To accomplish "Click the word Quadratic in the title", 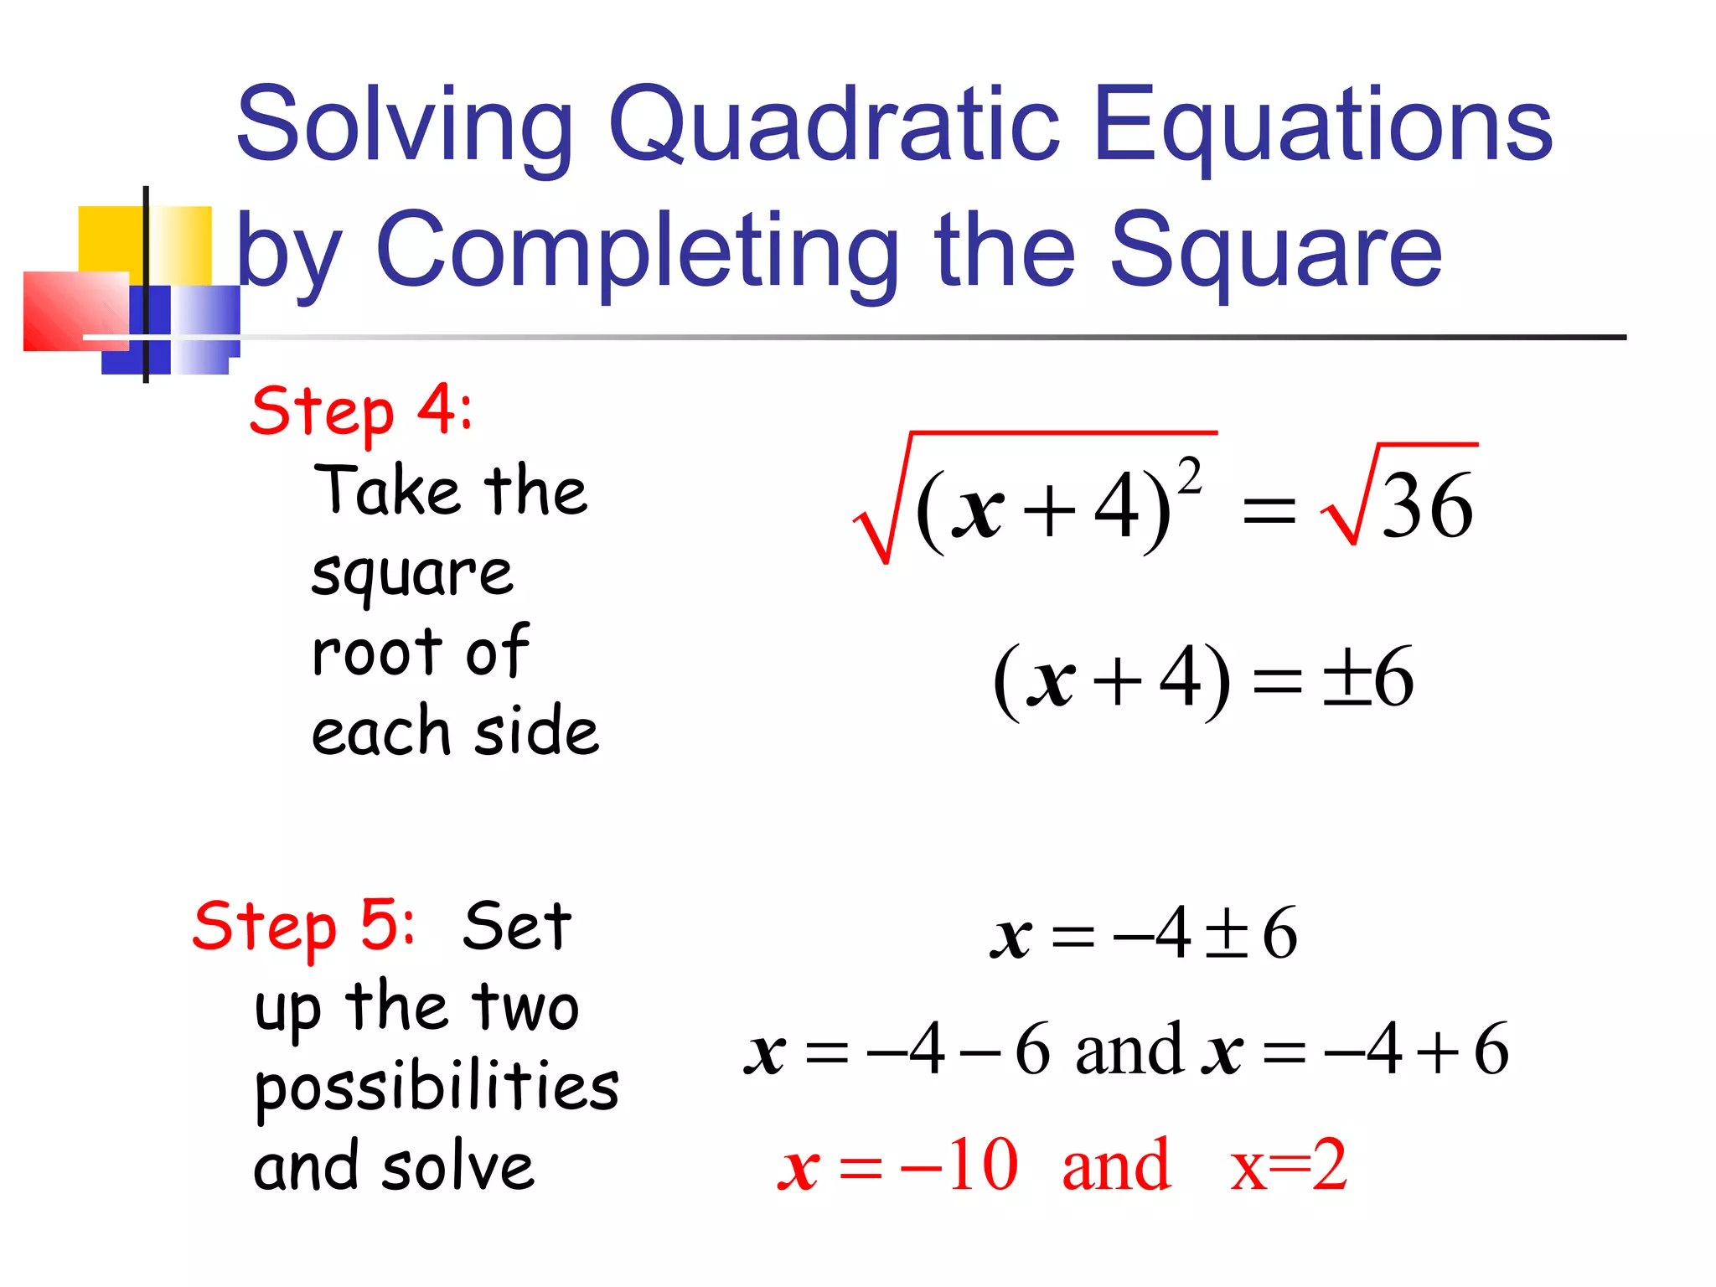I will (x=834, y=126).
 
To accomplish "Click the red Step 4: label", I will (x=361, y=411).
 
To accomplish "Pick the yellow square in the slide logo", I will (x=109, y=239).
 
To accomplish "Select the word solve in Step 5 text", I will (x=458, y=1166).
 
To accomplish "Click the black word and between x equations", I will (x=1129, y=1049).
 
